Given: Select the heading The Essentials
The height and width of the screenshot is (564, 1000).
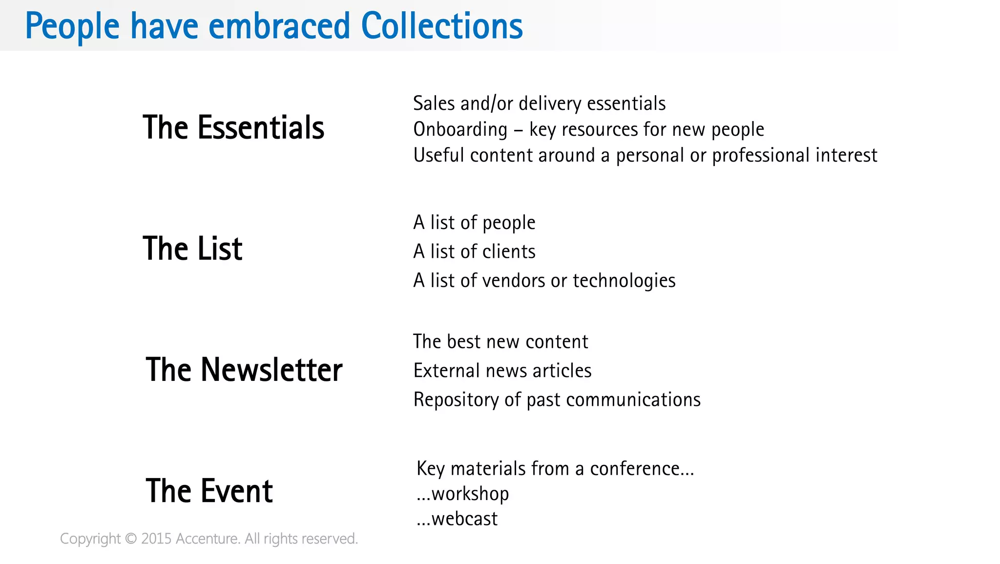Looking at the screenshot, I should coord(233,127).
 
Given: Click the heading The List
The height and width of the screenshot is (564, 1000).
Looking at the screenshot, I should coord(192,249).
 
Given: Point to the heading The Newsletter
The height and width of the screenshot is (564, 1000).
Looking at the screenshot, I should coord(244,370).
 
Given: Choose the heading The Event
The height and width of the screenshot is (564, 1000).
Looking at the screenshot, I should coord(209,491).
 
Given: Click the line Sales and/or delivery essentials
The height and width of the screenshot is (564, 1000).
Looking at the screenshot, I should coord(539,104).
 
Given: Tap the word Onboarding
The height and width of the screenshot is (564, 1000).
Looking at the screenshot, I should coord(460,129).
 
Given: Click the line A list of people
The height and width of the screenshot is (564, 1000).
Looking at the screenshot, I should coord(474,223).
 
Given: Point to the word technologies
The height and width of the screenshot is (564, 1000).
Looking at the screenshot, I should coord(624,281).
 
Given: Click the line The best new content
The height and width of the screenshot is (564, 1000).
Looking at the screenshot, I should coord(500,342).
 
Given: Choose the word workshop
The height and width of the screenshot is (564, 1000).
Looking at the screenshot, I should coord(470,494).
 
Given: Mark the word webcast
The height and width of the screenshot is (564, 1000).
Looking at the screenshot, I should coord(464,519).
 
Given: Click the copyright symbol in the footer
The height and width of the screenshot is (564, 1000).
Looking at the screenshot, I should coord(131,539).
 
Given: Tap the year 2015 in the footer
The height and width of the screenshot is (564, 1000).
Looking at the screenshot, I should coord(156,539).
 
